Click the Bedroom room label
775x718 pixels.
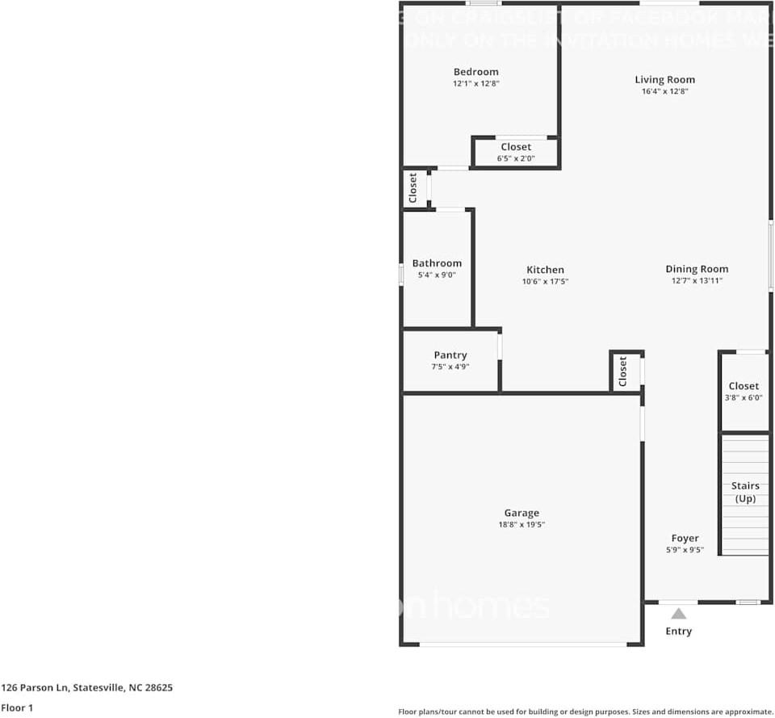pos(475,72)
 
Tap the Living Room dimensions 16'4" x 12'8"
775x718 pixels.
pos(664,91)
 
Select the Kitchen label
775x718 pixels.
pos(545,270)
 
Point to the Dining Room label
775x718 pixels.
pos(697,269)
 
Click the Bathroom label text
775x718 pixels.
pos(437,263)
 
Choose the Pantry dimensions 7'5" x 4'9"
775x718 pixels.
pos(450,367)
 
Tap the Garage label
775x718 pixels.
pos(522,513)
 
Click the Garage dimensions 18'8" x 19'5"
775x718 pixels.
pos(522,525)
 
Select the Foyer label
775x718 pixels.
pos(685,539)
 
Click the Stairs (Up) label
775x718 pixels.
pos(745,492)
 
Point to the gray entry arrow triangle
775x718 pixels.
pos(678,613)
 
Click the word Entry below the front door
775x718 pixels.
pos(678,631)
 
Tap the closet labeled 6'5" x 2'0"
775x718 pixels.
pos(516,152)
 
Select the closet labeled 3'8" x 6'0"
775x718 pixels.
pos(744,392)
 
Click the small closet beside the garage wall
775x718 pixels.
pos(623,372)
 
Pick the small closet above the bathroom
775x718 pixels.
pos(413,188)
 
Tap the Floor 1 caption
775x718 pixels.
pos(17,708)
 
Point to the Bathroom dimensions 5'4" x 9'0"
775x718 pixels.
pos(437,275)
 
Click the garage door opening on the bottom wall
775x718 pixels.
pos(522,644)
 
